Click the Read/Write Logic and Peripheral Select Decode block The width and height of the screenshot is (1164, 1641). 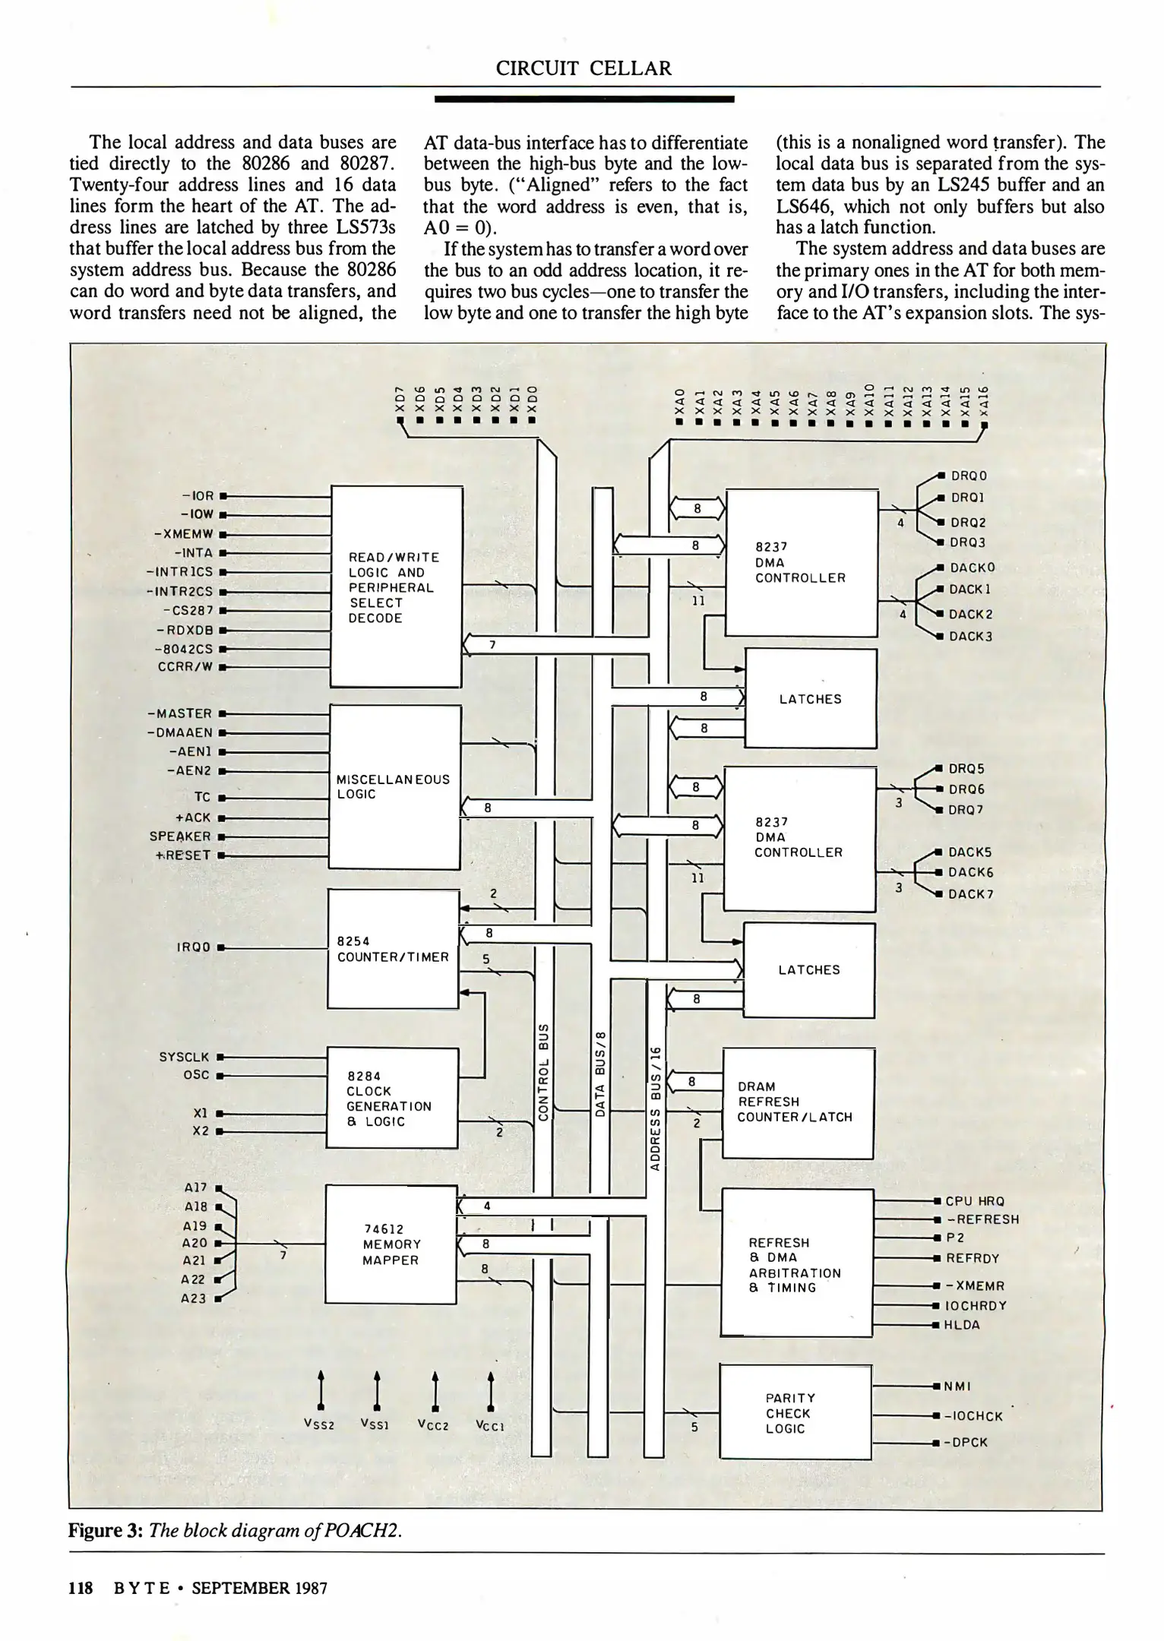pos(397,587)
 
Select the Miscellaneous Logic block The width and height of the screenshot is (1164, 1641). pos(394,787)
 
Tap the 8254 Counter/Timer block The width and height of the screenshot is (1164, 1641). pos(393,949)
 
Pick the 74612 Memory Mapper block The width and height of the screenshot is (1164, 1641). pos(391,1244)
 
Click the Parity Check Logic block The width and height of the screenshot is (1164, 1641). pos(795,1413)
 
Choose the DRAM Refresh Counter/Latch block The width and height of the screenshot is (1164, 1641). pos(798,1102)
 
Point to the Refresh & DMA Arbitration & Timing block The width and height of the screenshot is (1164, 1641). pos(796,1265)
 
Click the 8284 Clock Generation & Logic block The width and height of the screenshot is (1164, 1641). pos(391,1099)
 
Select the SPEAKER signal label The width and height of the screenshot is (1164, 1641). pos(180,836)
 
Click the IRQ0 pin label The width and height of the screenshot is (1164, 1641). pos(194,947)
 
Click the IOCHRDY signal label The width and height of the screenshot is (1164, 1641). pos(976,1305)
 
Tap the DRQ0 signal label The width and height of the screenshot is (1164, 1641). pos(969,476)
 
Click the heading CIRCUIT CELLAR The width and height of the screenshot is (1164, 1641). pos(584,68)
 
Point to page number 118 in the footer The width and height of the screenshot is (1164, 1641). pos(81,1588)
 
